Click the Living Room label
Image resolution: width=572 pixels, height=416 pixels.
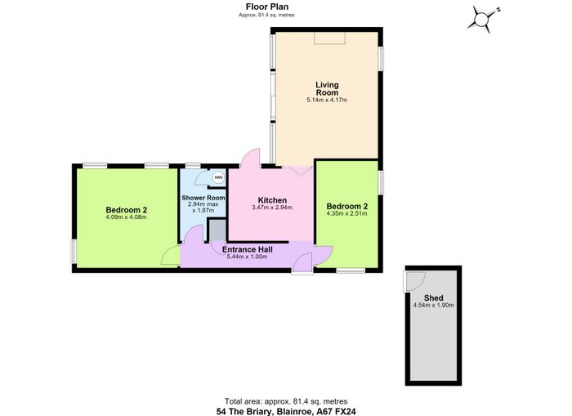tap(327, 88)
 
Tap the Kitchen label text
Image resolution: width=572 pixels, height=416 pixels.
tap(272, 200)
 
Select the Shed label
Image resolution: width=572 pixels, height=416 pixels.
tap(434, 297)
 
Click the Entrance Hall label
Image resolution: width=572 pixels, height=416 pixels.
tap(248, 249)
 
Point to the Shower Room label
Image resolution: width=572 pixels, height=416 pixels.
tap(203, 198)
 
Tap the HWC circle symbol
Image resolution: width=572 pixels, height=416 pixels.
tap(218, 177)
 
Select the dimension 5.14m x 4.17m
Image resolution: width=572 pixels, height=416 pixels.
tap(327, 100)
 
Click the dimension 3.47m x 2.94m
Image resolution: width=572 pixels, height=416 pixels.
tap(272, 208)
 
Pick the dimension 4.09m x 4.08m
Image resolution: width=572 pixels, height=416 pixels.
tap(126, 217)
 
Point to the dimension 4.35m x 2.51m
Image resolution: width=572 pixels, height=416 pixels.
tap(346, 213)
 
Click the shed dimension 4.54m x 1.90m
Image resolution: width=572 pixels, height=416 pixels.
tap(433, 306)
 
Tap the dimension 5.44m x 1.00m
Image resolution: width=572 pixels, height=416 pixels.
tap(248, 257)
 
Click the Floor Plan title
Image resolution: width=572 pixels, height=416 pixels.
tap(267, 7)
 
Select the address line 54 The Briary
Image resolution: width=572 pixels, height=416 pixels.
tap(286, 412)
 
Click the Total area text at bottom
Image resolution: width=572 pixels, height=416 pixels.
tap(286, 401)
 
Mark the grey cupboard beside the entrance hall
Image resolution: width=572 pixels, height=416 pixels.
tap(217, 230)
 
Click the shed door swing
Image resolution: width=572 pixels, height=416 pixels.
tap(415, 281)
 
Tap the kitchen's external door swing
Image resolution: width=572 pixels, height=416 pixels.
tap(250, 158)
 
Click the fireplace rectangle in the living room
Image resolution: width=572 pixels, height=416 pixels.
tap(330, 38)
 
